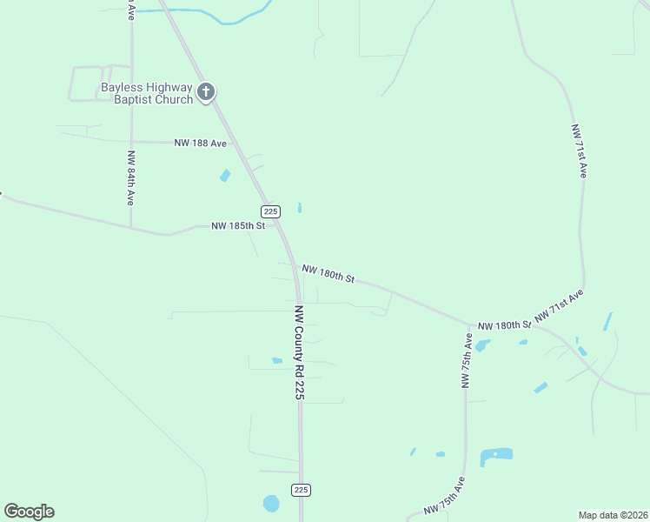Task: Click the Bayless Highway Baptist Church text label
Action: [x=146, y=93]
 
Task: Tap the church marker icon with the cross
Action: [x=206, y=92]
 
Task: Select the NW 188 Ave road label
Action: [x=200, y=143]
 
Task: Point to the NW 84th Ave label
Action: [x=130, y=177]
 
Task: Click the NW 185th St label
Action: [x=237, y=226]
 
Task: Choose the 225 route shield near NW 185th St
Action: [x=270, y=211]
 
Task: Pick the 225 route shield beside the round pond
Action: [x=301, y=490]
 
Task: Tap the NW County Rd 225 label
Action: [x=300, y=351]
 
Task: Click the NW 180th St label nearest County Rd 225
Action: [x=328, y=274]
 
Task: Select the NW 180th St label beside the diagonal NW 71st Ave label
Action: [x=504, y=325]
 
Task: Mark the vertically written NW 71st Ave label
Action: [x=579, y=151]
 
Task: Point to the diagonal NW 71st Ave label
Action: [x=559, y=306]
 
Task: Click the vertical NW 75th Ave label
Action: [x=468, y=360]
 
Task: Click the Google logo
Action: [x=29, y=512]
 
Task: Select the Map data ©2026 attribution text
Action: [x=612, y=514]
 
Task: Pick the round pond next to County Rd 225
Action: [x=272, y=504]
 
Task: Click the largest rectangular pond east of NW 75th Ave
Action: [x=496, y=455]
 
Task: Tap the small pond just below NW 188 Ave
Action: [x=226, y=176]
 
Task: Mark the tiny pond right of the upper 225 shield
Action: [x=300, y=208]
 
